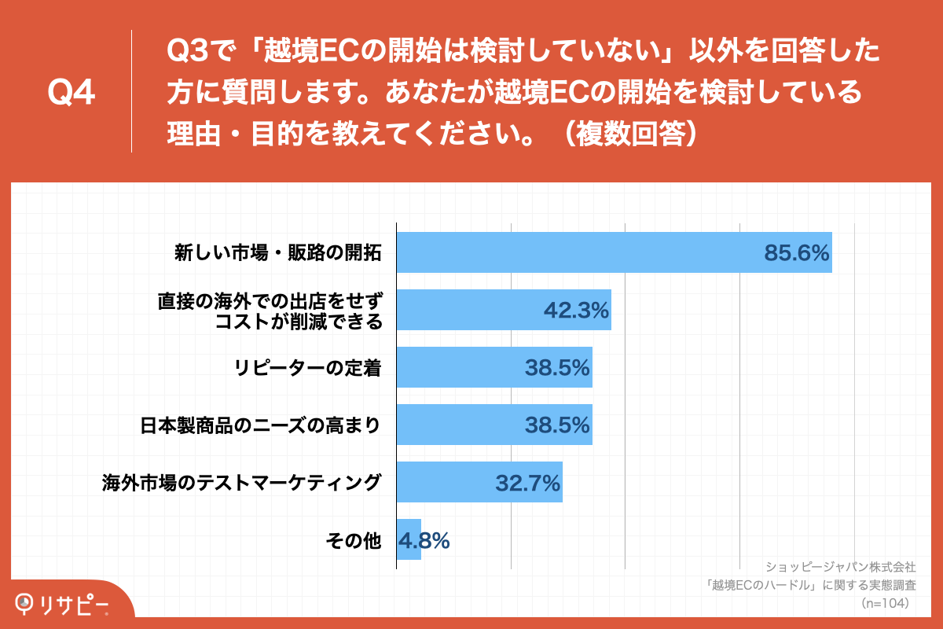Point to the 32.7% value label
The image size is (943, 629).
(527, 483)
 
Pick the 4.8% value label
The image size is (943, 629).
(424, 540)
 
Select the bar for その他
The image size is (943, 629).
(409, 540)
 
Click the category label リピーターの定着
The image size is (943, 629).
(307, 368)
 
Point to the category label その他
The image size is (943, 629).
(353, 541)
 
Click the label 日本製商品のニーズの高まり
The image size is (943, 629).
(260, 425)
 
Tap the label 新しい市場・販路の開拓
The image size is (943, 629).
(277, 253)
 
